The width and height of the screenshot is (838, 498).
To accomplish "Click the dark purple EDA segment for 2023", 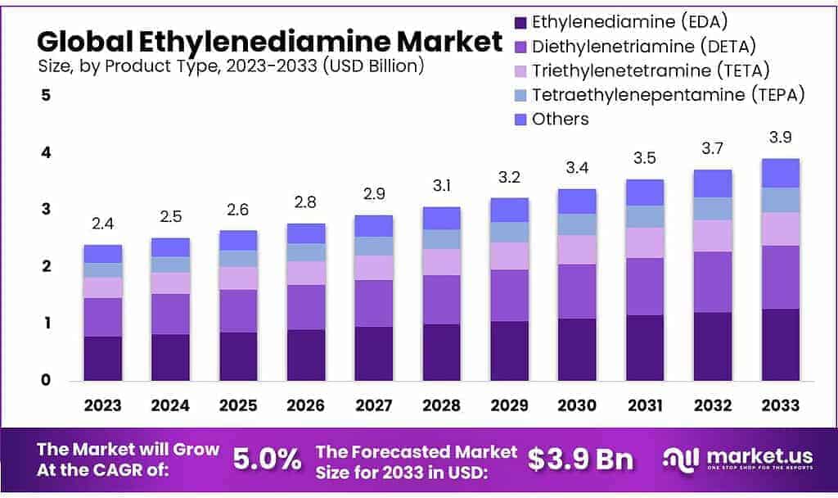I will [103, 358].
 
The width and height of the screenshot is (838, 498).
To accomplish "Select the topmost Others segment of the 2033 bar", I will [780, 173].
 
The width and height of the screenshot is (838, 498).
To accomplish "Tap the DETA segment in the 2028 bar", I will [441, 299].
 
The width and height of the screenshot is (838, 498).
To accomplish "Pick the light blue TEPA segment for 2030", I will [577, 224].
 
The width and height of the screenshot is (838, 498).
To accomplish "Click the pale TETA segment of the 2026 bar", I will [306, 273].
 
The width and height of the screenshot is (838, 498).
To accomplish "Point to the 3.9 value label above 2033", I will [780, 137].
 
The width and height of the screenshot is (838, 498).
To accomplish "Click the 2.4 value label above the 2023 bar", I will [103, 224].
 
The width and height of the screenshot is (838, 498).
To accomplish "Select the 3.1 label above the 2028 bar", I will [441, 186].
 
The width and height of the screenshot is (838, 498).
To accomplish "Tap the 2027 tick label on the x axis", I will [373, 405].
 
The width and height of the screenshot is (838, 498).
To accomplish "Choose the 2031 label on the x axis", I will [644, 405].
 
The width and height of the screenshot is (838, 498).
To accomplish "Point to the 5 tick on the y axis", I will [47, 95].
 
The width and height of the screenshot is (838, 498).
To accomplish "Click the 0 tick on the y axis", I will [47, 380].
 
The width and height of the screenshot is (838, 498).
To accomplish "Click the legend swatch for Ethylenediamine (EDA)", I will [519, 22].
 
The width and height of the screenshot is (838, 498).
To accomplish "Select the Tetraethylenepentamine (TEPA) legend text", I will [668, 94].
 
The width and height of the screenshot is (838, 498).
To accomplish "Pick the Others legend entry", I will [560, 119].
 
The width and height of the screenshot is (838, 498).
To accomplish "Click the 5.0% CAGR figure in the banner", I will [267, 460].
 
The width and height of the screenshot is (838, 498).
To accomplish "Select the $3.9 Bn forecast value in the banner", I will [580, 460].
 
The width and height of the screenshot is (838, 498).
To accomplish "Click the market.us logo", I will [737, 460].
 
